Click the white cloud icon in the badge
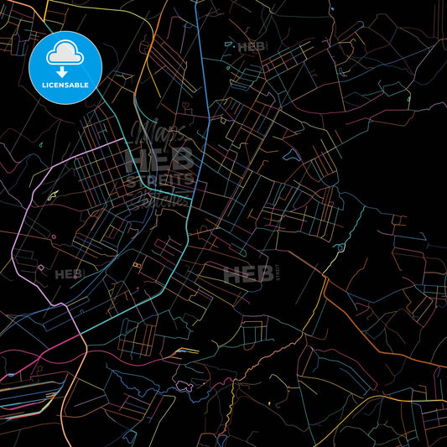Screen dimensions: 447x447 [65, 53]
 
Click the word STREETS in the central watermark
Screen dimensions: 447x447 [159, 179]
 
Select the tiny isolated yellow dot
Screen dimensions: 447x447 [268, 403]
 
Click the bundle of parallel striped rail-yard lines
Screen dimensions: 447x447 [29, 394]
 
